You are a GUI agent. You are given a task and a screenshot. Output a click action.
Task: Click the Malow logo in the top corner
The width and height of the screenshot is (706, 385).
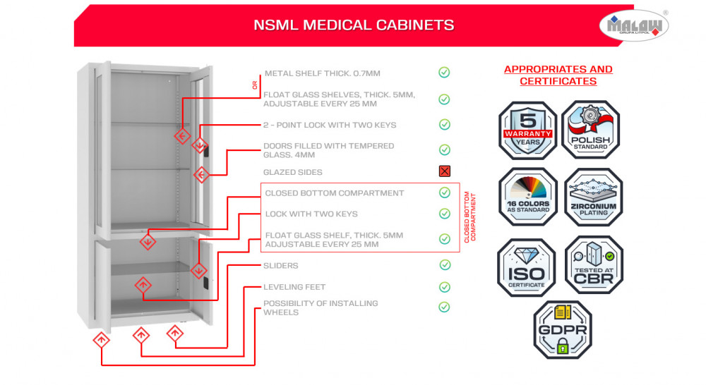[634, 25]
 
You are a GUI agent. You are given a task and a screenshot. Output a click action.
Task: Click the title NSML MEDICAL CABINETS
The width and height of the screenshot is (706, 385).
[354, 25]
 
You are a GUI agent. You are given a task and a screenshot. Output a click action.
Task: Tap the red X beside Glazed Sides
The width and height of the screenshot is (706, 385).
[444, 171]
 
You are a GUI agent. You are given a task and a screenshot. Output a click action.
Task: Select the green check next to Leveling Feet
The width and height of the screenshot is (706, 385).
[444, 287]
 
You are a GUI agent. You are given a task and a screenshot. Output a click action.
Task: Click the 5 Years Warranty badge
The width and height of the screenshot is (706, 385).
[527, 130]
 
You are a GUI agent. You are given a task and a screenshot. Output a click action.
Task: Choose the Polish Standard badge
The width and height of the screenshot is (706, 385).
[590, 130]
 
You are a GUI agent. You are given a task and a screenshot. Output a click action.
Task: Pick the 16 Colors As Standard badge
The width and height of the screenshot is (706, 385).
[527, 197]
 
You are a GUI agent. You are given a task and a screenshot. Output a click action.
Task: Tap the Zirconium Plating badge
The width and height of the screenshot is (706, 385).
[593, 197]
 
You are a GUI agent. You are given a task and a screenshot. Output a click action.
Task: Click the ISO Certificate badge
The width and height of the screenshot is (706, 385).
[527, 267]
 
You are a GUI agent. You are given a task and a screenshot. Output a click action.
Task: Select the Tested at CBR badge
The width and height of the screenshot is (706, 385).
[593, 264]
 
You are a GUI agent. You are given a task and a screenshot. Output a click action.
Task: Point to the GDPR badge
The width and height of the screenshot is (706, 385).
[562, 329]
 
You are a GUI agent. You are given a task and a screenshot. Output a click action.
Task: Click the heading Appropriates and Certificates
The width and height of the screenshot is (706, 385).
[558, 75]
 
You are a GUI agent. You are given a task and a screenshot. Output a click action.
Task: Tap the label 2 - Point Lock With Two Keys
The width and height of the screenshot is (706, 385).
[330, 125]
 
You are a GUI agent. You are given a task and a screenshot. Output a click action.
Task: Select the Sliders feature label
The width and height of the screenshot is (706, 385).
[281, 266]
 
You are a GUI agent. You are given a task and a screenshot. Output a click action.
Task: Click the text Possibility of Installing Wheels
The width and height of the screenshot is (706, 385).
[321, 307]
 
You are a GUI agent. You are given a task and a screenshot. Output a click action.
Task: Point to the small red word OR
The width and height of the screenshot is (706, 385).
[255, 86]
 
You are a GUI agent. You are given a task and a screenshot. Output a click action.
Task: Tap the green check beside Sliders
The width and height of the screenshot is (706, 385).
[444, 265]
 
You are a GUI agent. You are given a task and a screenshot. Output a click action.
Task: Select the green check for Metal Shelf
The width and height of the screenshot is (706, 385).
[444, 73]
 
